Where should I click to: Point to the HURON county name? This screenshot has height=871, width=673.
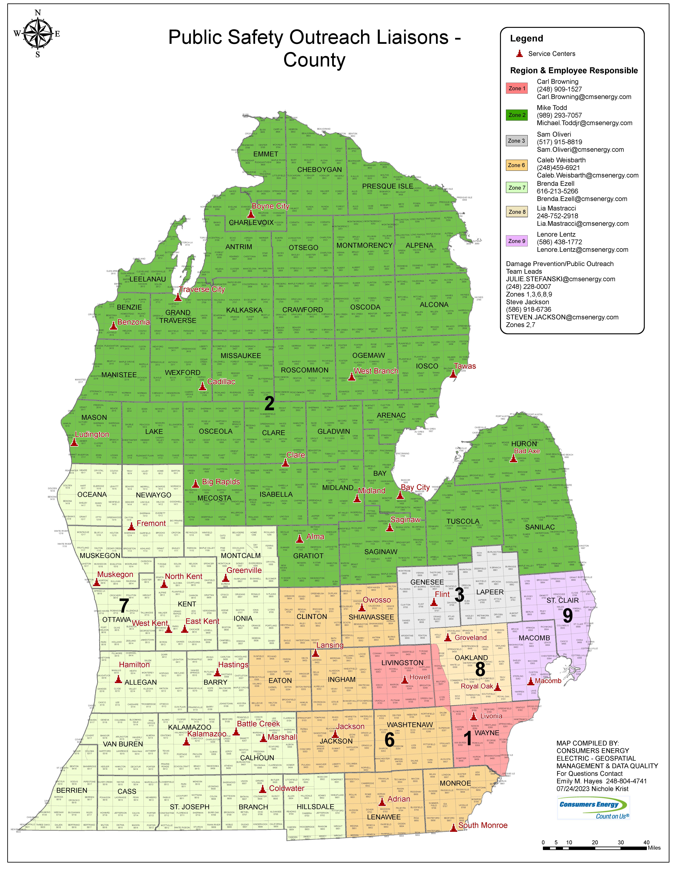[524, 444]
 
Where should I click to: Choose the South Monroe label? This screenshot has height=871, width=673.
[483, 825]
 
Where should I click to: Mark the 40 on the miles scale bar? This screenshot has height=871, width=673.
[646, 842]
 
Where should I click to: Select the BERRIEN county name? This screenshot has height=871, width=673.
[72, 790]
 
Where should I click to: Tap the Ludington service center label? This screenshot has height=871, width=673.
[92, 434]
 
